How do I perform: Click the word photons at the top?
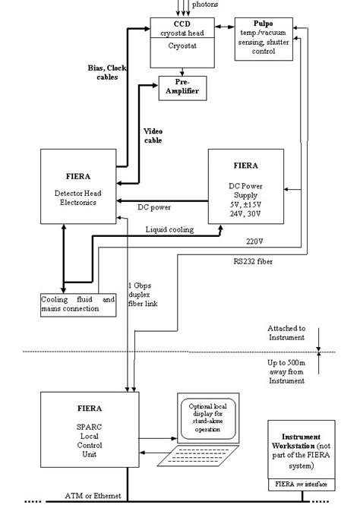pos(205,5)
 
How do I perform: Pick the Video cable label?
pos(153,135)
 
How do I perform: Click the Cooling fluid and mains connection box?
pos(78,304)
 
